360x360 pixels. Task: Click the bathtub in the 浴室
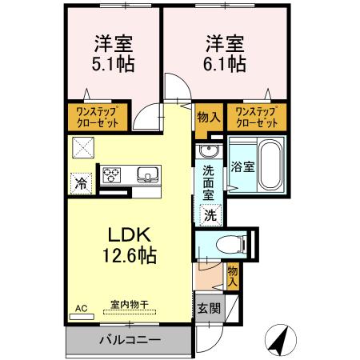click(x=262, y=164)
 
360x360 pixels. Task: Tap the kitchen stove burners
click(x=112, y=174)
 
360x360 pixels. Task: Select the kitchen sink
click(x=147, y=175)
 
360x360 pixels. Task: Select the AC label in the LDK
click(x=81, y=306)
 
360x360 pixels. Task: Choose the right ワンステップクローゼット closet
click(x=257, y=118)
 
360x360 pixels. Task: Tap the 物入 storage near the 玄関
click(x=232, y=277)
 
